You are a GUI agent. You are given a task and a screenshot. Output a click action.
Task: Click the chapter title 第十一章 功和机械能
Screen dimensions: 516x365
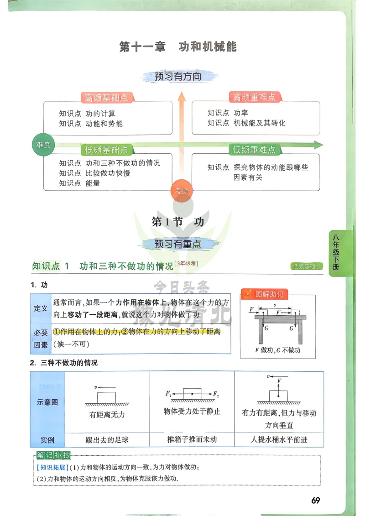click(178, 47)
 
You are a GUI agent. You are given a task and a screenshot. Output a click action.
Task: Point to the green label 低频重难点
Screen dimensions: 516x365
click(254, 150)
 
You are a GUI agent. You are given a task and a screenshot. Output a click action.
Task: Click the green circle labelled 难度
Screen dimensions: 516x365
click(43, 145)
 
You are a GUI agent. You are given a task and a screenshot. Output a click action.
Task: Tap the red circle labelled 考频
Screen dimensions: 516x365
click(182, 191)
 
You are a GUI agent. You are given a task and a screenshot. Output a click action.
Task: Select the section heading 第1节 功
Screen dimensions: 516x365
click(177, 222)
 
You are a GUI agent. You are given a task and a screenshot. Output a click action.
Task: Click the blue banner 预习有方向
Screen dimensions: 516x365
click(178, 77)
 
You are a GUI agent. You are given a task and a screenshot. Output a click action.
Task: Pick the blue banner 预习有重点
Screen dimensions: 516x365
click(178, 244)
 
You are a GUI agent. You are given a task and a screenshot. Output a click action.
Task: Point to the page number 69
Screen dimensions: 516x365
click(315, 500)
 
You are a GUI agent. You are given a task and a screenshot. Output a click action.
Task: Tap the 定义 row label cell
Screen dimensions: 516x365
click(41, 308)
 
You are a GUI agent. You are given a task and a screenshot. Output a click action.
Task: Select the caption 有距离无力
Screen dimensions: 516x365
click(107, 415)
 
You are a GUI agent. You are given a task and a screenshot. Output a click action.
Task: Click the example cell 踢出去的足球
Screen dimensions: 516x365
click(107, 440)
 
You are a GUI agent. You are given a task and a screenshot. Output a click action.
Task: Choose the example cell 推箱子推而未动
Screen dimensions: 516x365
click(192, 440)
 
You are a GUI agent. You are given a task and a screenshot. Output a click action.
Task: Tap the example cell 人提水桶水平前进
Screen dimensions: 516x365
click(279, 440)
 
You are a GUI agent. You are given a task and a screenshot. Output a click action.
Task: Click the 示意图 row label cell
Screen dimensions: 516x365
click(47, 402)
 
